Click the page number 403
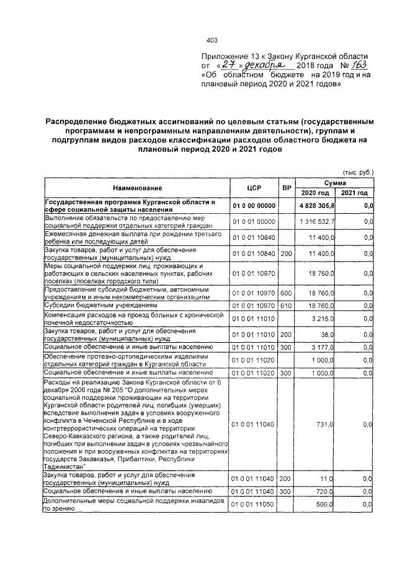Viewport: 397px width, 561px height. [x=211, y=40]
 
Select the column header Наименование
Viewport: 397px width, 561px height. [x=137, y=187]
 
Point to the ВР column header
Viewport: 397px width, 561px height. [x=286, y=187]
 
